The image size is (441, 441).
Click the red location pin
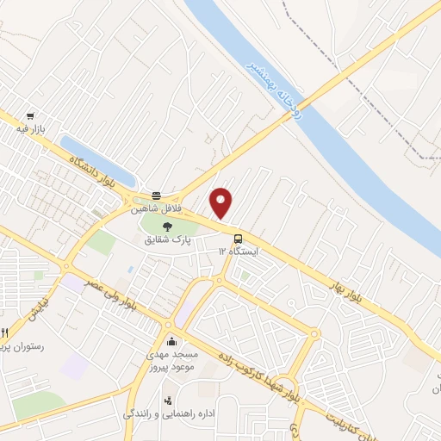click(x=222, y=203)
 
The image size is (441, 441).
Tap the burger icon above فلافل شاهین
click(x=156, y=196)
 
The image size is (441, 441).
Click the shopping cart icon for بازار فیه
click(x=31, y=115)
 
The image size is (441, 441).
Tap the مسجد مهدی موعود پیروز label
click(x=174, y=360)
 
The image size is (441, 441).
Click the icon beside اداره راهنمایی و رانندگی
click(x=167, y=401)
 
